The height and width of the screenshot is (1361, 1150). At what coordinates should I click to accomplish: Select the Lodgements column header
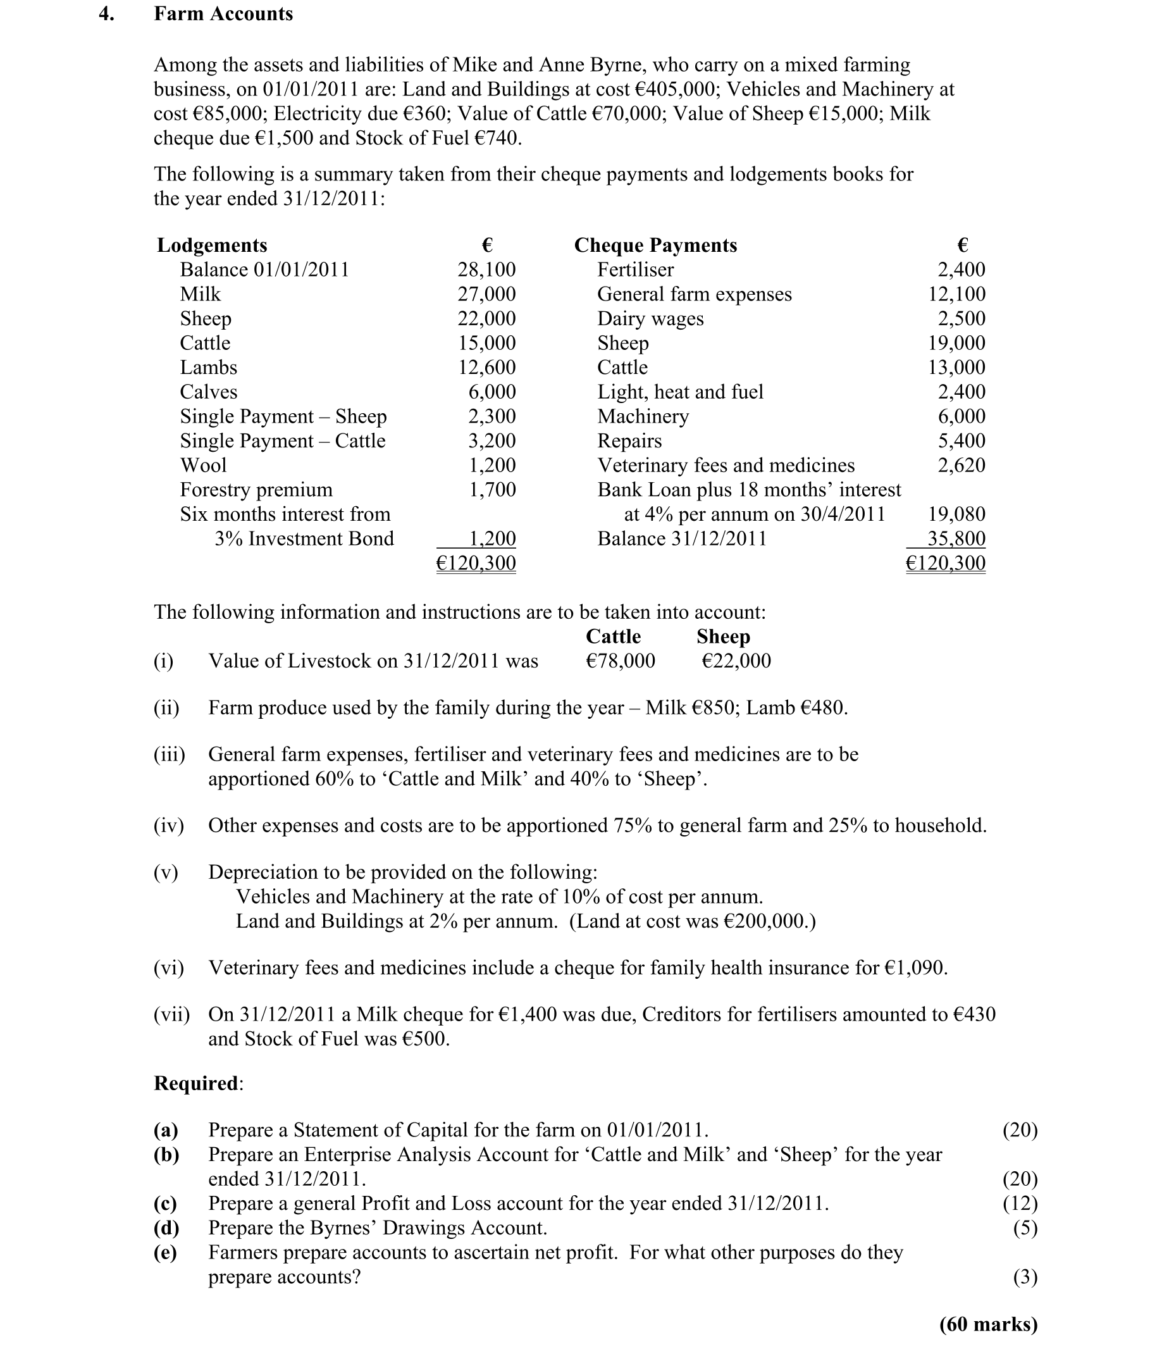[x=212, y=245]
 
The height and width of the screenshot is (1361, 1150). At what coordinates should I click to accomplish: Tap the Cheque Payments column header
[x=655, y=245]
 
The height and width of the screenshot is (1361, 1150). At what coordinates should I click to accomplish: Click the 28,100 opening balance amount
[x=486, y=270]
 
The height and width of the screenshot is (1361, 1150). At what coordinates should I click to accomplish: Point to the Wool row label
[x=204, y=465]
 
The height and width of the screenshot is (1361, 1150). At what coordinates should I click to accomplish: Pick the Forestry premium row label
[x=256, y=490]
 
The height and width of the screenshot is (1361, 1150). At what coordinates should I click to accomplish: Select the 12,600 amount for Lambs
[x=486, y=367]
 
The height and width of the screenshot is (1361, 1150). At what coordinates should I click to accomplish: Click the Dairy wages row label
[x=651, y=318]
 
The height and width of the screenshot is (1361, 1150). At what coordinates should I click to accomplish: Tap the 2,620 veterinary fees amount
[x=961, y=465]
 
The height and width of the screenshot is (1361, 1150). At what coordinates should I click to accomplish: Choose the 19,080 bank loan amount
[x=956, y=514]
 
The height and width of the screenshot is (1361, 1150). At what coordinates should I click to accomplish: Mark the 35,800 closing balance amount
[x=956, y=538]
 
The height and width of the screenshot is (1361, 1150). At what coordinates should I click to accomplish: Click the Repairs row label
[x=629, y=441]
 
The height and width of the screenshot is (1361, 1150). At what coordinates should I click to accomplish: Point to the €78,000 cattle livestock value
[x=621, y=661]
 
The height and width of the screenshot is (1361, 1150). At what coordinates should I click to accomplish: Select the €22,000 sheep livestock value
[x=736, y=661]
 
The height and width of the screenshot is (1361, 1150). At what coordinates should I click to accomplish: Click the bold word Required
[x=196, y=1083]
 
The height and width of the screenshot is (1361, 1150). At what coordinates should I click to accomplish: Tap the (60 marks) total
[x=988, y=1324]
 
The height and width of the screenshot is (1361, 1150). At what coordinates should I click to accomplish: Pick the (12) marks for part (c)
[x=1020, y=1203]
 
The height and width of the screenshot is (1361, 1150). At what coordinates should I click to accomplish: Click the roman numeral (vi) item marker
[x=169, y=968]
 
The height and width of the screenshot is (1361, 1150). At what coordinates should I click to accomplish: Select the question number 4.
[x=106, y=14]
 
